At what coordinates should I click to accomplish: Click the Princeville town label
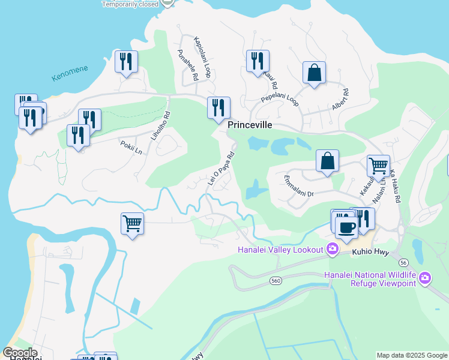(250, 125)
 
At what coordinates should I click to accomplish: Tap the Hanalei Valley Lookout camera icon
(332, 249)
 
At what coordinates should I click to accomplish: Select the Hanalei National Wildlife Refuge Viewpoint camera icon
(425, 277)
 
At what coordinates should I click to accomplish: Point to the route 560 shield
(276, 280)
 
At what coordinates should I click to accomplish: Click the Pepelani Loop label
(280, 99)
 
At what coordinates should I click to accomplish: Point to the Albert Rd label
(340, 100)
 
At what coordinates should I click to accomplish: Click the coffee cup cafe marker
(346, 228)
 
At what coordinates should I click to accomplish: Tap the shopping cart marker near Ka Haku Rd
(378, 166)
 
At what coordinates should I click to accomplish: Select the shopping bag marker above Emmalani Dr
(327, 160)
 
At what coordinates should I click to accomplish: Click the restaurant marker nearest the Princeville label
(218, 107)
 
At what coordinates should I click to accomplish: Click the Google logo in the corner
(19, 353)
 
